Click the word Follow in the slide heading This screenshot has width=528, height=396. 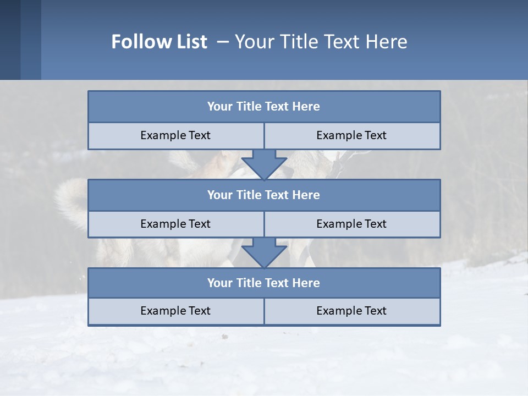click(x=137, y=42)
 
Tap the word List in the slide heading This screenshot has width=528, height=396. click(x=189, y=42)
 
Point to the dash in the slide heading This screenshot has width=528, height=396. click(x=223, y=42)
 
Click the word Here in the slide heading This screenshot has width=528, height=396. click(x=386, y=42)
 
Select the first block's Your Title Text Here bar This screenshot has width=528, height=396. click(x=263, y=107)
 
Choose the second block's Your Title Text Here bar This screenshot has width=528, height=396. click(x=263, y=195)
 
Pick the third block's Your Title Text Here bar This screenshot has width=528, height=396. click(x=263, y=283)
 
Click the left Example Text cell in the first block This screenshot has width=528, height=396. click(x=175, y=136)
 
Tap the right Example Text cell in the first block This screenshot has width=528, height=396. click(x=351, y=136)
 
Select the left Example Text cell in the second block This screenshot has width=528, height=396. click(x=175, y=224)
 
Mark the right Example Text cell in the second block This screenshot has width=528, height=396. click(x=351, y=224)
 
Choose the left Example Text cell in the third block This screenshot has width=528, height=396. click(x=175, y=311)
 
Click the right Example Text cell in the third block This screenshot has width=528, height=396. click(x=351, y=311)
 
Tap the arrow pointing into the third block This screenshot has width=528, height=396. click(x=264, y=252)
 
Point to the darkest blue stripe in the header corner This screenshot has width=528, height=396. click(x=10, y=40)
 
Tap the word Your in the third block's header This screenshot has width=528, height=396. click(x=220, y=283)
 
